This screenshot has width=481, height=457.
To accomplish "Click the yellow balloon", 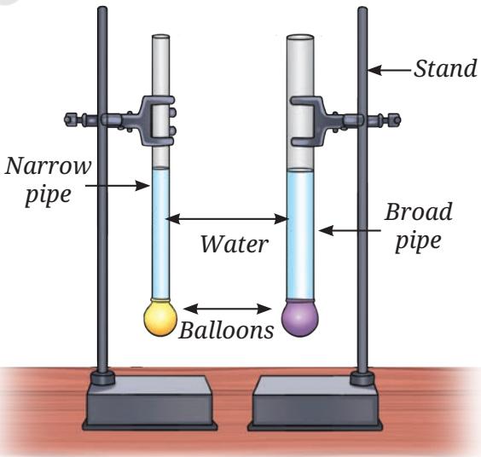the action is click(x=160, y=318).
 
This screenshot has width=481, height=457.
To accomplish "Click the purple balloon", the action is click(x=300, y=319).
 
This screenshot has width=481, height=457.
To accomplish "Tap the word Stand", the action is click(x=445, y=68).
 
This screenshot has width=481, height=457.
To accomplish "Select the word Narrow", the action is click(x=48, y=166).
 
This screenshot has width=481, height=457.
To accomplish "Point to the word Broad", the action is click(x=419, y=211).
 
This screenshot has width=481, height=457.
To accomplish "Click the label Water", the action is click(x=235, y=244).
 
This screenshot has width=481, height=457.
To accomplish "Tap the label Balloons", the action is click(x=226, y=330).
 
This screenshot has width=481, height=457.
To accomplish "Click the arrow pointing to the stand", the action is click(x=389, y=70).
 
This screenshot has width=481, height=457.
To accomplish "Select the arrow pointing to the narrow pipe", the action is click(x=117, y=186).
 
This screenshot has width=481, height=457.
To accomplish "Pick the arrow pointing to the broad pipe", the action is click(x=350, y=230).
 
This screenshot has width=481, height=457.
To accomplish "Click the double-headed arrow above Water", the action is click(x=227, y=219).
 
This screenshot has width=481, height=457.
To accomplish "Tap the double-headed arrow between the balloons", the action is click(x=228, y=309).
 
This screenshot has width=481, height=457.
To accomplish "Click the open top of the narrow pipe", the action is click(x=160, y=37).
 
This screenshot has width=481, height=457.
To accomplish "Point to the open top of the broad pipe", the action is click(x=300, y=38).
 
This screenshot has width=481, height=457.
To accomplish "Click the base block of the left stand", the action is click(x=150, y=402).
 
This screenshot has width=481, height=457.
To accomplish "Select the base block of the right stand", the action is click(x=316, y=402).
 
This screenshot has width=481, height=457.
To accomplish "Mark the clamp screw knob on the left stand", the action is click(x=71, y=119).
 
